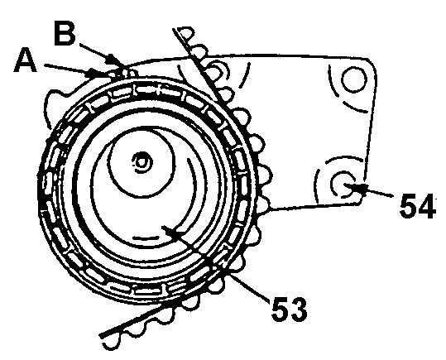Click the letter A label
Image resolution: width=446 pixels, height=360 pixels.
26,60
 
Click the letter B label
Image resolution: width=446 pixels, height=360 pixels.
65,33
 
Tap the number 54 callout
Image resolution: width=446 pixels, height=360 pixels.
418,206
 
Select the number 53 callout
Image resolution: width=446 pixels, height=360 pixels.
290,309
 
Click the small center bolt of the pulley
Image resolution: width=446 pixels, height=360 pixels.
141,162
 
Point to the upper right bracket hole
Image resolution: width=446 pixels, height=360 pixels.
354,79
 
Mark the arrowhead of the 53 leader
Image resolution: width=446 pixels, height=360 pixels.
170,231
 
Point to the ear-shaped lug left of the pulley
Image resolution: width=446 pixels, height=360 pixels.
57,105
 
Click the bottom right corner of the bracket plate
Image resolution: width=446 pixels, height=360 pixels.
359,203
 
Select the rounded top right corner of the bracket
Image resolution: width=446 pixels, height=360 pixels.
372,63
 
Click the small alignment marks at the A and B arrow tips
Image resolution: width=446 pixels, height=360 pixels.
122,73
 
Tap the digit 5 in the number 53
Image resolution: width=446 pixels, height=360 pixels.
280,309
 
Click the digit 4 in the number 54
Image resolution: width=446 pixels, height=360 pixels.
427,206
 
